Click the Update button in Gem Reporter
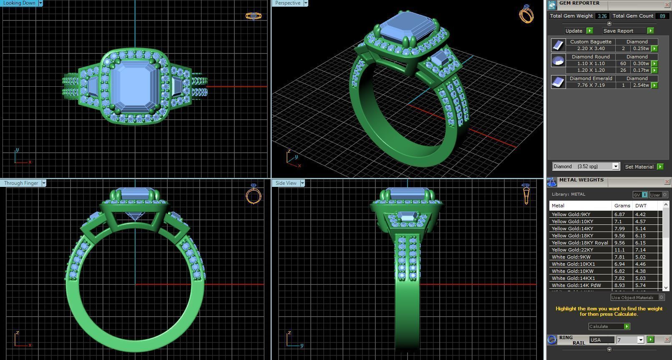(x=574, y=31)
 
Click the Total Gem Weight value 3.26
(x=602, y=16)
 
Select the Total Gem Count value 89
(x=662, y=16)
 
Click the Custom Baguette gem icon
(x=558, y=45)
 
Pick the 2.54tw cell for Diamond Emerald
(x=641, y=85)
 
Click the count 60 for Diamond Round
(x=623, y=63)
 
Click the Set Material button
(x=639, y=166)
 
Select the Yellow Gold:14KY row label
(x=572, y=229)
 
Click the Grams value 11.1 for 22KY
(x=619, y=250)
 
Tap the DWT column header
(x=641, y=206)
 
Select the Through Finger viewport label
(x=21, y=183)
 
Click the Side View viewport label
(x=286, y=183)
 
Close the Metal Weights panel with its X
(x=667, y=182)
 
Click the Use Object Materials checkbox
(x=661, y=297)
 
